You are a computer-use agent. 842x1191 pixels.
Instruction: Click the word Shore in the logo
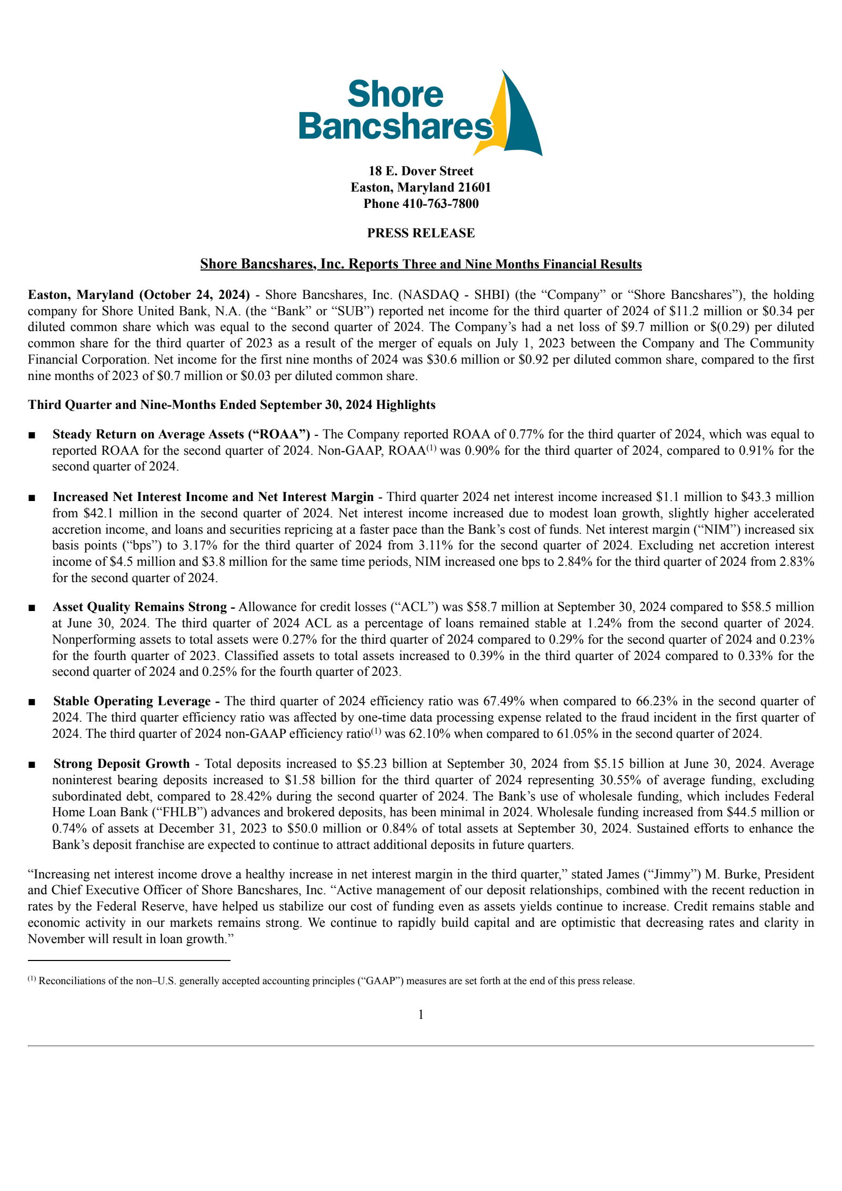coord(395,95)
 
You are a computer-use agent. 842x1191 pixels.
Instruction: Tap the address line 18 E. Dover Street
coord(420,171)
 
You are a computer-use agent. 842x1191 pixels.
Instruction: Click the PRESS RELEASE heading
coord(420,233)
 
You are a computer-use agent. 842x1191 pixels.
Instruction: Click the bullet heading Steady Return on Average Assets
coord(181,434)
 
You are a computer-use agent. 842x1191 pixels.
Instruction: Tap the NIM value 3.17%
coord(200,545)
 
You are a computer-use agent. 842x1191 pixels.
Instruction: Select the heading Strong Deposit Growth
coord(121,764)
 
